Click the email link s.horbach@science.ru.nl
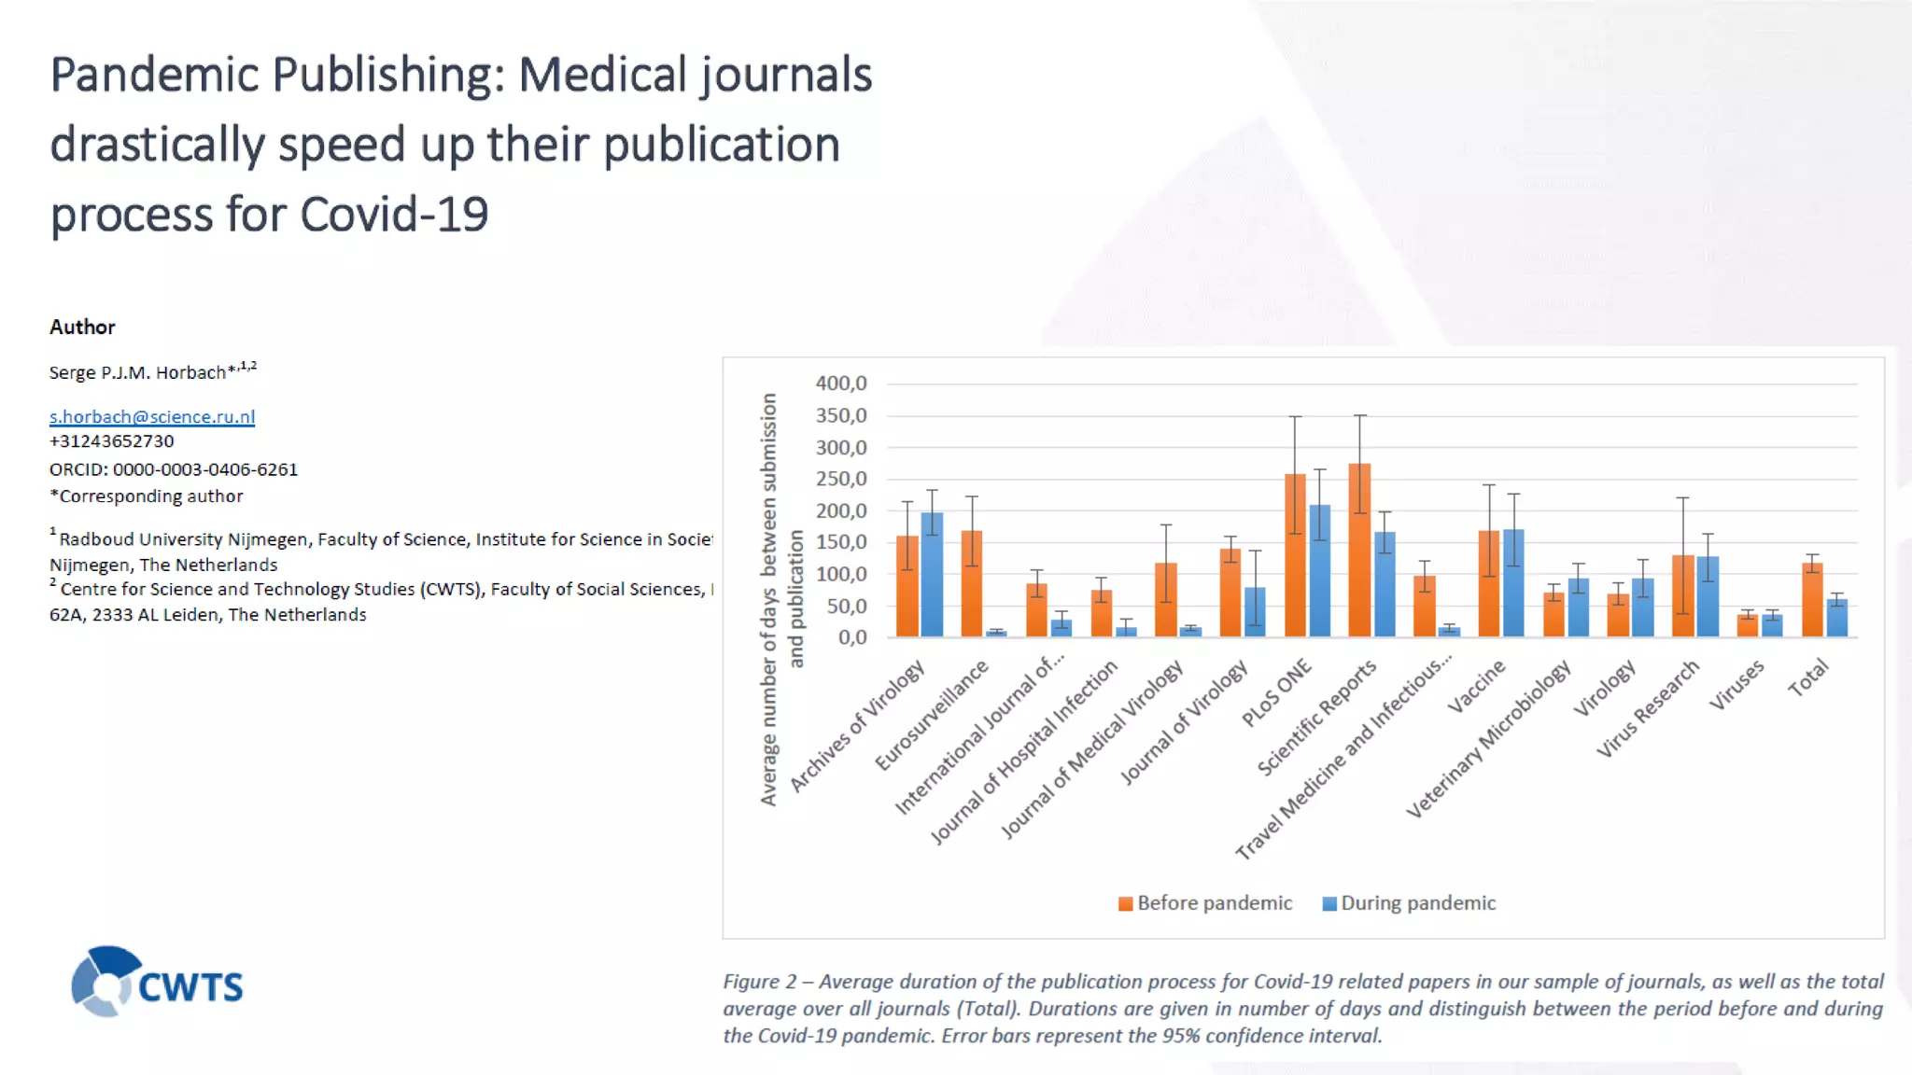[152, 416]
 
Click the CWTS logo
[157, 983]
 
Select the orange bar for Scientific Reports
[1359, 551]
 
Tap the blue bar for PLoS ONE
[1319, 571]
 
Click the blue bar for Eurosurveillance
[996, 633]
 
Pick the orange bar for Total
[1812, 600]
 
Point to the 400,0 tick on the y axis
[841, 384]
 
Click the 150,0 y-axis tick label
[841, 542]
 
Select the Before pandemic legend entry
[1205, 903]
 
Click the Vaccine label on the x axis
[1476, 687]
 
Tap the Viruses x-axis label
[1736, 685]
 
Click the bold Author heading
[82, 327]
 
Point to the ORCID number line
[174, 469]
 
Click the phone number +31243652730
[112, 441]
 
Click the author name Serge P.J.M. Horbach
[137, 372]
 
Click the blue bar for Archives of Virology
[932, 575]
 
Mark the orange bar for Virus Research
[1682, 596]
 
